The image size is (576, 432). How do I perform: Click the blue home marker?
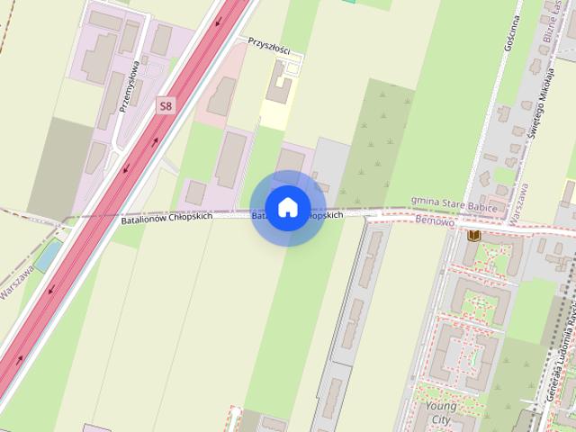(287, 208)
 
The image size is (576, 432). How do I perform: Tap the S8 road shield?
(165, 106)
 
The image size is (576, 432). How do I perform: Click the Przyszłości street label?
(269, 46)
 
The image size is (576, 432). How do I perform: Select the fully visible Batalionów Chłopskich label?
(166, 218)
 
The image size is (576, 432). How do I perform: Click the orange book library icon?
(474, 236)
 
